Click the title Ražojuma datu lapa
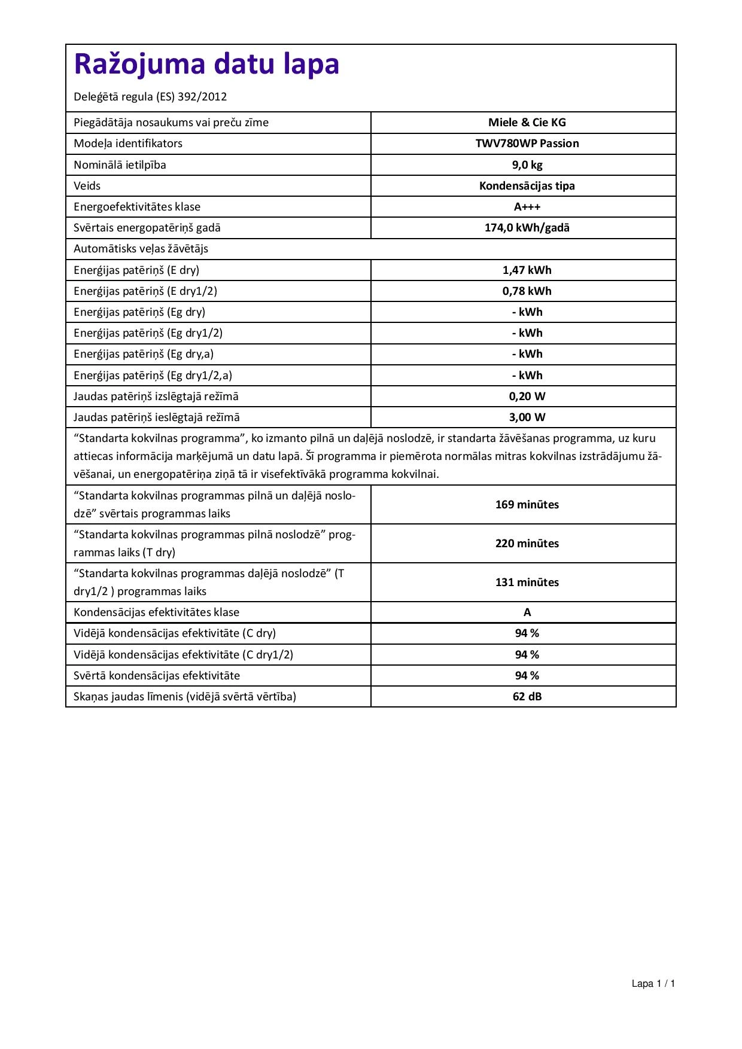206,65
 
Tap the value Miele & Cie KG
527,123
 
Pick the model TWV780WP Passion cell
527,144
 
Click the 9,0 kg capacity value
527,164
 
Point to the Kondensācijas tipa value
527,185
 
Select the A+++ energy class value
527,207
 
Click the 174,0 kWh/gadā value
527,228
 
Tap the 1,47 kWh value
527,270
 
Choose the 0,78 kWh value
527,291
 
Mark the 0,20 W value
527,397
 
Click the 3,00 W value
527,417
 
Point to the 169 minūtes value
527,505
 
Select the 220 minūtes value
527,544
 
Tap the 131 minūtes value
527,583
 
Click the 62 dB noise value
527,697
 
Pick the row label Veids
87,186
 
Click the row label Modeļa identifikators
128,144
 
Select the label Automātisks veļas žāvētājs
141,249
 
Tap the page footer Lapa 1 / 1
653,984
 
